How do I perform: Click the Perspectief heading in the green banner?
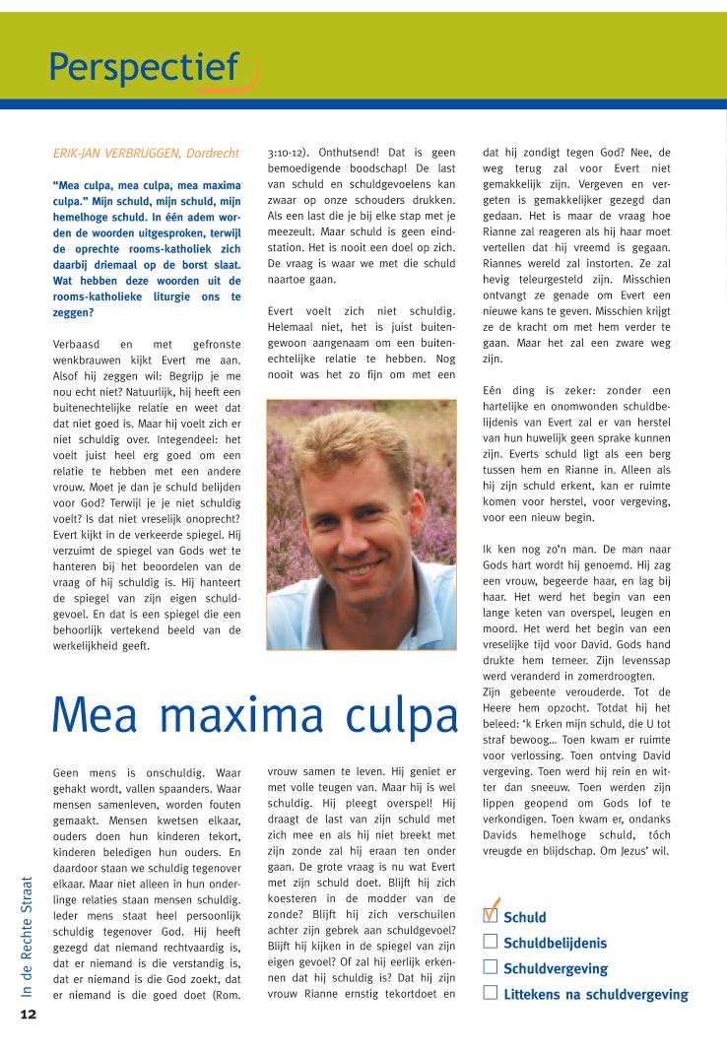point(144,67)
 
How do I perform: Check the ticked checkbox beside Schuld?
point(491,915)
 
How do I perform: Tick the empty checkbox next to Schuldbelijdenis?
point(491,942)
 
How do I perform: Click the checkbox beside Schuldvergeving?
point(491,967)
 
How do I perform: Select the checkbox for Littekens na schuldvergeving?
point(491,993)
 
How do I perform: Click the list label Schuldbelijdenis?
point(555,943)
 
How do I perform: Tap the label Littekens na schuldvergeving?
point(595,994)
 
